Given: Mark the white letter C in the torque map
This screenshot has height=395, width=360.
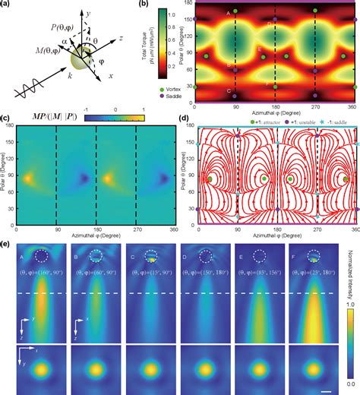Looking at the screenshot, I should (229, 91).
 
